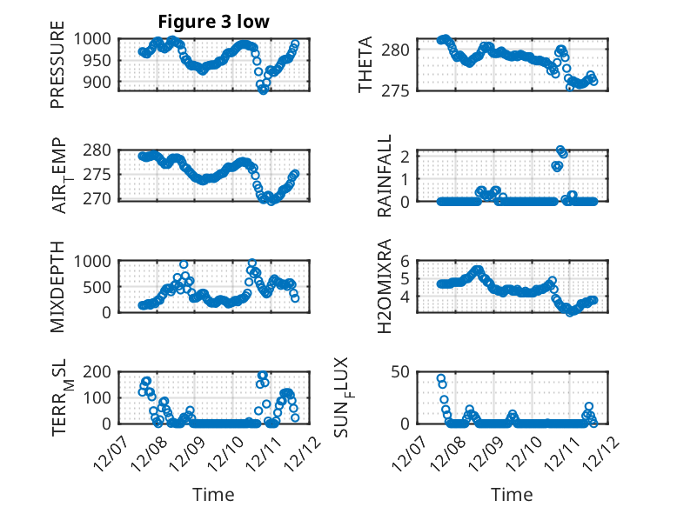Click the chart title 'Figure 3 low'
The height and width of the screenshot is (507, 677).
click(x=213, y=21)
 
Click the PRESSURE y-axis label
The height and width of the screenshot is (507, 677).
click(x=57, y=70)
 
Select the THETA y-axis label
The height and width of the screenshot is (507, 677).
click(x=365, y=65)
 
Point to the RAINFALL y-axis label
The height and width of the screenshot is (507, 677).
click(x=385, y=177)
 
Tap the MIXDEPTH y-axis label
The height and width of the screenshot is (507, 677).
click(x=57, y=286)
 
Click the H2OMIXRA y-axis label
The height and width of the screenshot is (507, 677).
click(x=385, y=286)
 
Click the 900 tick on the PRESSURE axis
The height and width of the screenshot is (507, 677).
click(x=97, y=82)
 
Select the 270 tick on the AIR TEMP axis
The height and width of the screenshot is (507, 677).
click(x=97, y=198)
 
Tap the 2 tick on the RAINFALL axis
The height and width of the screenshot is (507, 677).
click(x=427, y=157)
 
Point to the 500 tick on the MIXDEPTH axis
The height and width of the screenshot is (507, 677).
click(x=97, y=286)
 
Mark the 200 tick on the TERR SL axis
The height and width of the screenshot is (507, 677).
click(x=97, y=371)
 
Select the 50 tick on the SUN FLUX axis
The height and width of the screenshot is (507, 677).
click(x=424, y=371)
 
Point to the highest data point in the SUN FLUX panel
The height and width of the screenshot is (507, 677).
click(x=441, y=379)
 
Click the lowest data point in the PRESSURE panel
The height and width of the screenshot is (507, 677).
click(x=264, y=90)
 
